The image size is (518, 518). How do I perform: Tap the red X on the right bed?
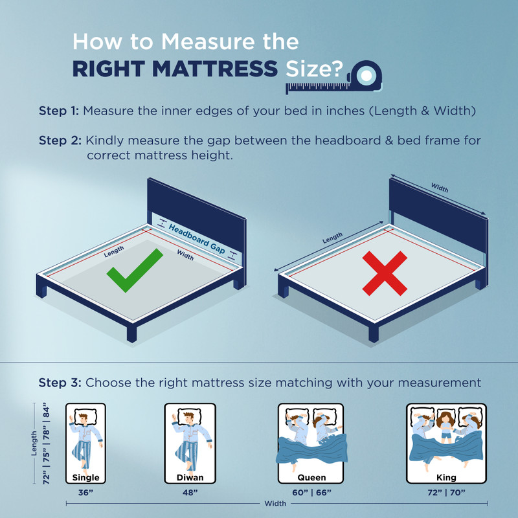tap(385, 273)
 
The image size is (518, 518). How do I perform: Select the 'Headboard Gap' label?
tap(197, 238)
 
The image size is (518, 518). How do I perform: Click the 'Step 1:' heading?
tap(59, 111)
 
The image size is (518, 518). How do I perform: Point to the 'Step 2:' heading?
tap(60, 141)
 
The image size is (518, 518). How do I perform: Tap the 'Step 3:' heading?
tap(60, 383)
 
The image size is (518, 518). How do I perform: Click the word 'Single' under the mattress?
tap(85, 478)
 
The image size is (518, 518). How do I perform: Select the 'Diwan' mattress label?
tap(190, 477)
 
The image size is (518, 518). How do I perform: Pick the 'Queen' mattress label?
tap(311, 478)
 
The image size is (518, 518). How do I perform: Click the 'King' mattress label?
tap(446, 477)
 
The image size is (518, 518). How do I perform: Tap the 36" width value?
tap(85, 493)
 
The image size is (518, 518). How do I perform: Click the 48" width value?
tap(190, 493)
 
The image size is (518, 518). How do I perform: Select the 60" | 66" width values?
tap(311, 493)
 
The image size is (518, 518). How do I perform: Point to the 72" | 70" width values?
tap(446, 493)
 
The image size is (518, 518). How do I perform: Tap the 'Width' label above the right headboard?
tap(440, 188)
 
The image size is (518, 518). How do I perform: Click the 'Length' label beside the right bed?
tap(332, 238)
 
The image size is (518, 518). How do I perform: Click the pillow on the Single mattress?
tap(85, 416)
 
